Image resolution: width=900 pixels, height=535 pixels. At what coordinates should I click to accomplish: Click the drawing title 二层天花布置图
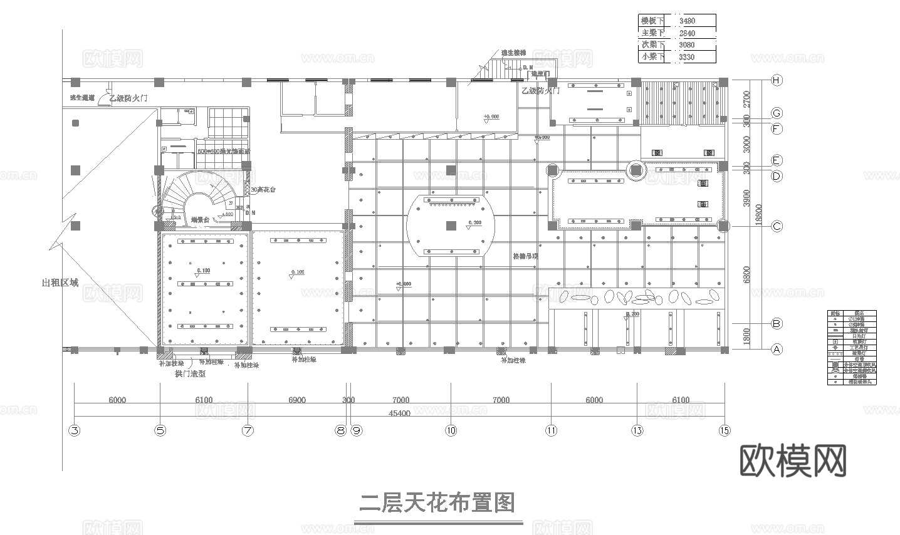[x=437, y=503]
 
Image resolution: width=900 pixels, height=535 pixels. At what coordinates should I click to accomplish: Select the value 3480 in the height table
[x=687, y=21]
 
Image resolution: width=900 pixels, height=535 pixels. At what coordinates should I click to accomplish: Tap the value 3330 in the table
[x=687, y=57]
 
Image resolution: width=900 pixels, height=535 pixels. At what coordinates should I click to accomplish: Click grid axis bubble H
[x=777, y=80]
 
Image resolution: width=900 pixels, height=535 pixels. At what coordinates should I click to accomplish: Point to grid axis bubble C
[x=777, y=226]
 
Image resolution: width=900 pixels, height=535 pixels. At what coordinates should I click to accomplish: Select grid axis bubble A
[x=777, y=350]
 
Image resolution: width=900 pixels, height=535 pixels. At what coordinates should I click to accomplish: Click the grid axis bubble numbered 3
[x=74, y=430]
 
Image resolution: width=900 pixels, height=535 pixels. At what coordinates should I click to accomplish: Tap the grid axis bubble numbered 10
[x=451, y=430]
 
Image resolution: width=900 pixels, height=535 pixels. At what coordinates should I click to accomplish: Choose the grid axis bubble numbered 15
[x=725, y=430]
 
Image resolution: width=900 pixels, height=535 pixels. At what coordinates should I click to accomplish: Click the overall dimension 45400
[x=400, y=413]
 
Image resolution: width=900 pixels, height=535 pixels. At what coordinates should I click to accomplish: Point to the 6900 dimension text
[x=297, y=400]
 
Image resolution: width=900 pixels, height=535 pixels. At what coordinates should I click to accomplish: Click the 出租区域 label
[x=60, y=283]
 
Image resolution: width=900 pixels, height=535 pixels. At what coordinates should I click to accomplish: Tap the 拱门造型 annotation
[x=190, y=374]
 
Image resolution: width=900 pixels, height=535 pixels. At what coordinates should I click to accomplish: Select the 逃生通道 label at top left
[x=81, y=98]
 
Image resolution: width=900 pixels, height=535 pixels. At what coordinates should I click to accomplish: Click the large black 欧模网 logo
[x=793, y=462]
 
